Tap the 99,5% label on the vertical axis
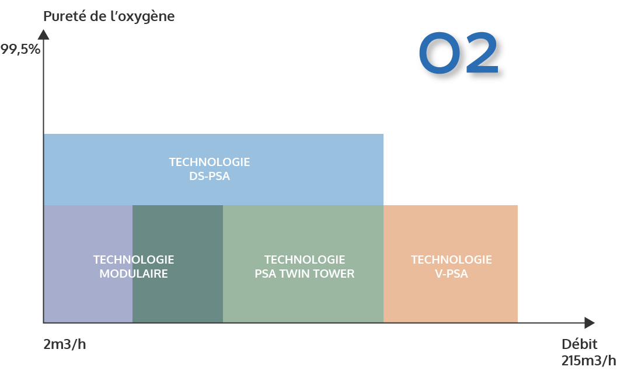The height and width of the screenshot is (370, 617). click(20, 49)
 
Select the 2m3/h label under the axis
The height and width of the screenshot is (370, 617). click(65, 344)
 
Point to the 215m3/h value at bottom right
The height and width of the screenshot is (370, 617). click(588, 361)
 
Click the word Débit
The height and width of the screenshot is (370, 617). click(579, 344)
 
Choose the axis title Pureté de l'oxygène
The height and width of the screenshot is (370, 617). click(109, 16)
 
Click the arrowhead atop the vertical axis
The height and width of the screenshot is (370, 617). click(44, 34)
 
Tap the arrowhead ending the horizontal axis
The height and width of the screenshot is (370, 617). click(590, 323)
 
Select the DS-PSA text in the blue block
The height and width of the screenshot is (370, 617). click(210, 176)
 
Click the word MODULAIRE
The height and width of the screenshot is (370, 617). click(134, 274)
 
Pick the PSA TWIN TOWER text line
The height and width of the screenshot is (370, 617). click(305, 274)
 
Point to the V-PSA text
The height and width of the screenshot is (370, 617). click(451, 274)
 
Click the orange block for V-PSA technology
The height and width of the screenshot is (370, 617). click(451, 264)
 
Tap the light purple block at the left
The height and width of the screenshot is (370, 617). click(88, 264)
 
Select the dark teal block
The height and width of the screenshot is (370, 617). click(178, 264)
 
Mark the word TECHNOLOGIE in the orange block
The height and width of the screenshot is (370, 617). click(451, 260)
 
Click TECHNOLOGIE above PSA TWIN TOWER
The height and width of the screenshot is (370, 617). click(305, 260)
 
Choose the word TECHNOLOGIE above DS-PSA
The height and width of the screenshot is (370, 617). click(210, 162)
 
